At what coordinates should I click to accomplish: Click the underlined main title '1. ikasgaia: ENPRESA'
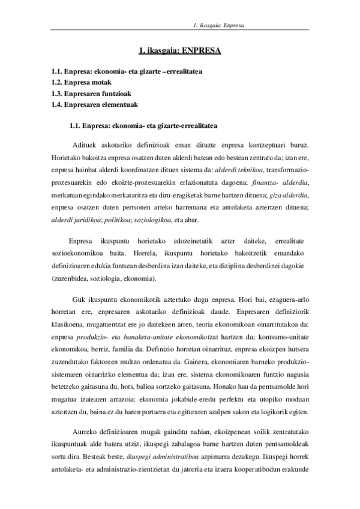point(179,52)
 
